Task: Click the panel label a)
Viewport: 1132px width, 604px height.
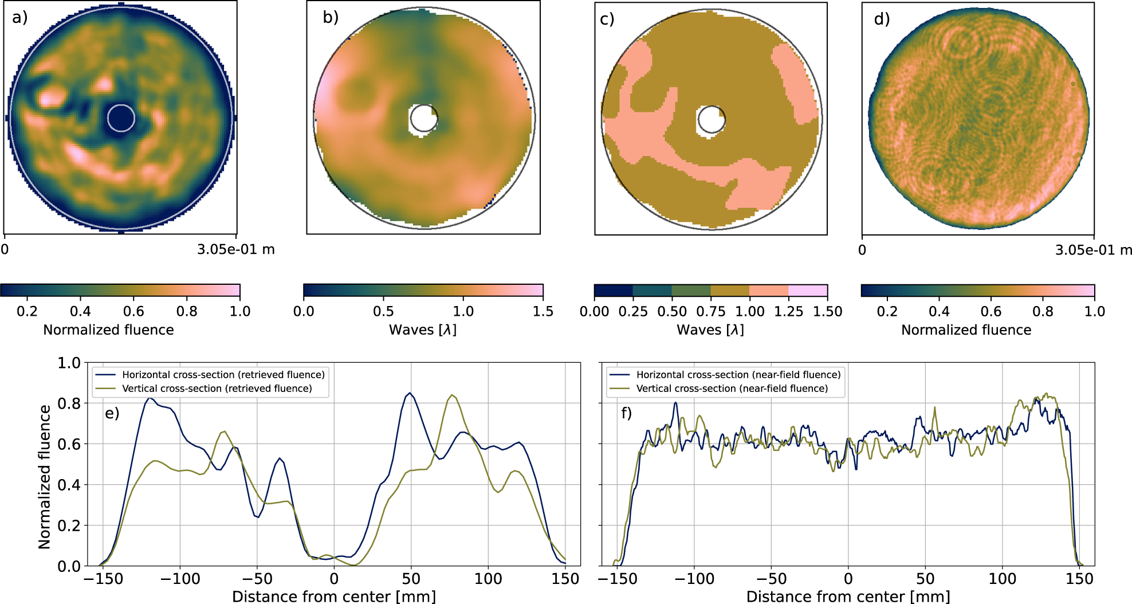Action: (x=20, y=18)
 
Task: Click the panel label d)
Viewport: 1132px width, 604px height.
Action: (x=882, y=19)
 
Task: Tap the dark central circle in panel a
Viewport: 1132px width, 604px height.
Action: (x=121, y=118)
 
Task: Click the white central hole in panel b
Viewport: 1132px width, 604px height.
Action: (x=423, y=119)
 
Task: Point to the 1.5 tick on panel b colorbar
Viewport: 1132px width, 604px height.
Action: (x=543, y=311)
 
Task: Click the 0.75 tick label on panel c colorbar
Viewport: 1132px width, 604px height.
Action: (x=711, y=311)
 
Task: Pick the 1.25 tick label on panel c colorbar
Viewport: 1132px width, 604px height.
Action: (x=789, y=311)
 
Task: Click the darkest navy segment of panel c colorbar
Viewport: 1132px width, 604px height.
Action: (x=614, y=291)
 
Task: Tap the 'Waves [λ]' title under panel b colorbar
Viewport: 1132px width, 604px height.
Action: (x=423, y=330)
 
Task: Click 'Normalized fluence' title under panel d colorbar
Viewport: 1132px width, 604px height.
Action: (x=966, y=330)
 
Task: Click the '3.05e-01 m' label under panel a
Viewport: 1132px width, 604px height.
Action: (x=236, y=250)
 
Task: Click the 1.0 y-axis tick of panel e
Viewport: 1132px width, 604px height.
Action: (x=69, y=363)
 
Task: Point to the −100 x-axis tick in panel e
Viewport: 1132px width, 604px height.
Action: (x=180, y=579)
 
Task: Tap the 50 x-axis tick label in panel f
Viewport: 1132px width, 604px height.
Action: (x=925, y=579)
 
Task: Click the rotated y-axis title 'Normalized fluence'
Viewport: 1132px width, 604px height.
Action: (x=45, y=477)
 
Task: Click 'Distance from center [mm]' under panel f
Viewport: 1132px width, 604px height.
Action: (x=848, y=597)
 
